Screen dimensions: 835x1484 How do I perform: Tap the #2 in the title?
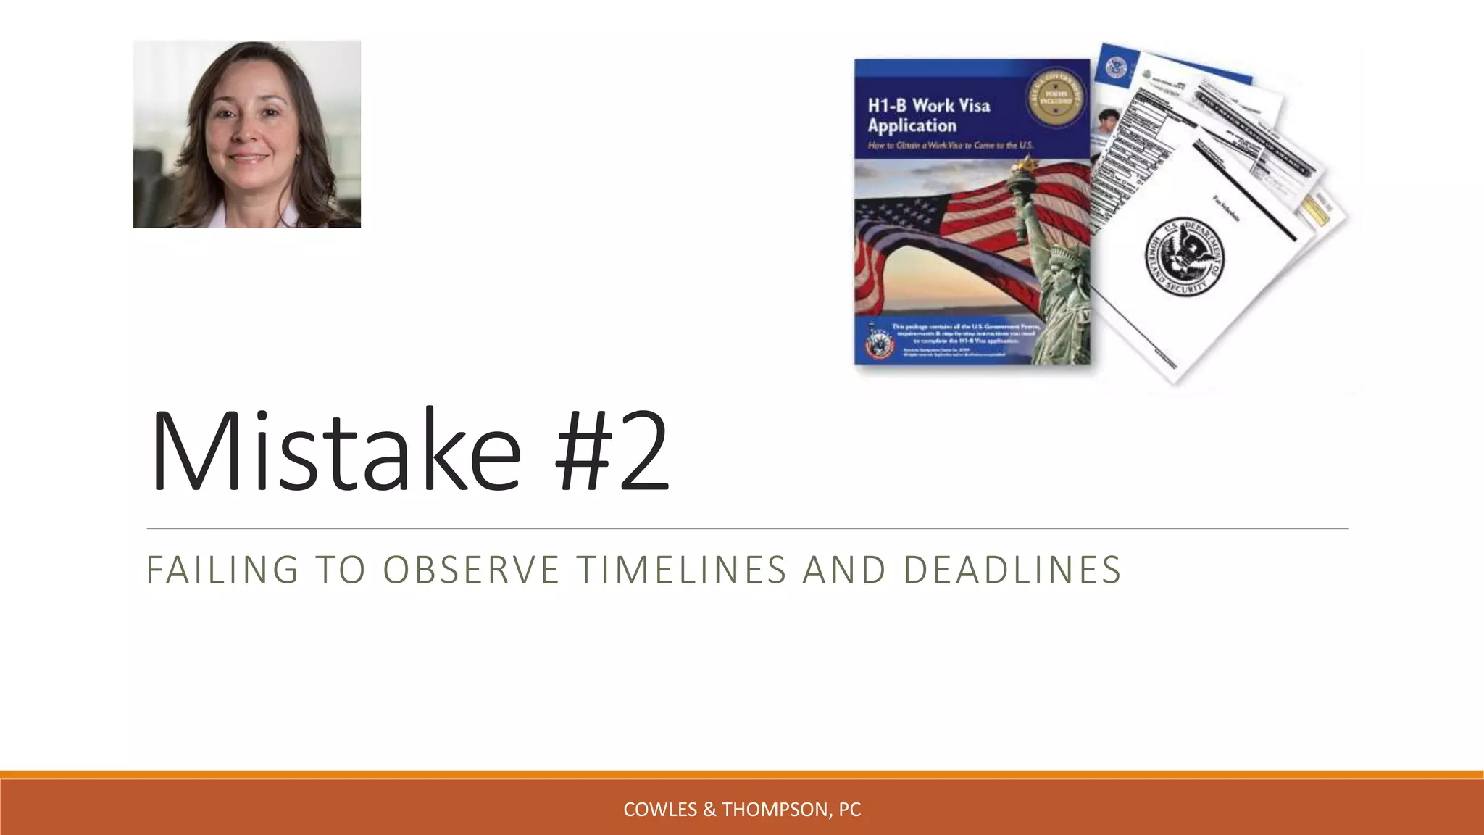pyautogui.click(x=612, y=452)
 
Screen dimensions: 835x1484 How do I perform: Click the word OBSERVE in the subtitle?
pyautogui.click(x=471, y=570)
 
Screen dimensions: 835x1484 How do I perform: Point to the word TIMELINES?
pyautogui.click(x=681, y=570)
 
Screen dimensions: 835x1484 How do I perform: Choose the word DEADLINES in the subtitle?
pyautogui.click(x=1012, y=570)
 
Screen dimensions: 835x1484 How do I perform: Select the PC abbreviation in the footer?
pyautogui.click(x=849, y=810)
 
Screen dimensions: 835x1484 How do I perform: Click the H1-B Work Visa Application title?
pyautogui.click(x=928, y=115)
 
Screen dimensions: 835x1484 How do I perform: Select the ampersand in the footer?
pyautogui.click(x=709, y=810)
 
